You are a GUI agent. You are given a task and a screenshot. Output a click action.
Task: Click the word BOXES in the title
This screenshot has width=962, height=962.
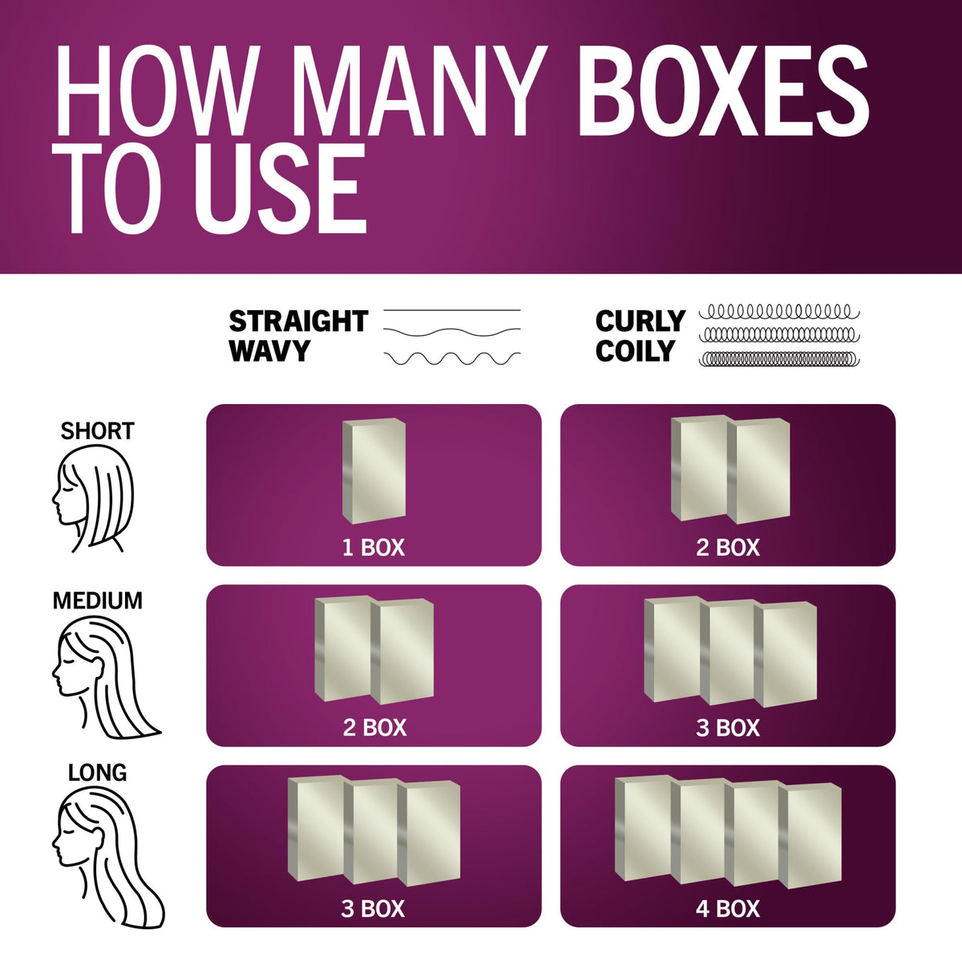(723, 91)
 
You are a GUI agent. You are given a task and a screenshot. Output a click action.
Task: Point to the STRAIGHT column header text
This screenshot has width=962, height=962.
(298, 321)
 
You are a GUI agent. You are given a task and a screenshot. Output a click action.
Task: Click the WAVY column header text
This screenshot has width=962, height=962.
(269, 351)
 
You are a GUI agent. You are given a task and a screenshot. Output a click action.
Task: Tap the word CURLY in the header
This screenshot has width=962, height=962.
(640, 321)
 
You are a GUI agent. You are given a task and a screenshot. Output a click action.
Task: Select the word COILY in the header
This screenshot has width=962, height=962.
(635, 351)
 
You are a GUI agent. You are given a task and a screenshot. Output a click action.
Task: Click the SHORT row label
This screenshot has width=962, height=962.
(97, 430)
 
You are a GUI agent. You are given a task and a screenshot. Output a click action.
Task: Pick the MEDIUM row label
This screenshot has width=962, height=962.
(97, 600)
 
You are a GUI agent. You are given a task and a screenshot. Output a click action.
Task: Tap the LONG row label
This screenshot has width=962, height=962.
(97, 773)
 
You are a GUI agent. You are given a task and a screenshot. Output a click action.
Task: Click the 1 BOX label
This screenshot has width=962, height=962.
(374, 548)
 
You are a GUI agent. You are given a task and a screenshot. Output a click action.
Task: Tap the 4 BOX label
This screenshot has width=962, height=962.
(728, 909)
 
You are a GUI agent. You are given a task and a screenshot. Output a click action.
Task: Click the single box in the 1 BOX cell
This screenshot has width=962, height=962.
(374, 471)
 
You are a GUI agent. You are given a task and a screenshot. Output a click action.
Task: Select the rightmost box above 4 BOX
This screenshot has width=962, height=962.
(810, 836)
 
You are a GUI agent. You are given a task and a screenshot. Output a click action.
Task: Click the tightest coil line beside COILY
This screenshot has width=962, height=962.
(779, 359)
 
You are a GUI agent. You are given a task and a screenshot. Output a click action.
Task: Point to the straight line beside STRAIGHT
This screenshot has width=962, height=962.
(452, 310)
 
